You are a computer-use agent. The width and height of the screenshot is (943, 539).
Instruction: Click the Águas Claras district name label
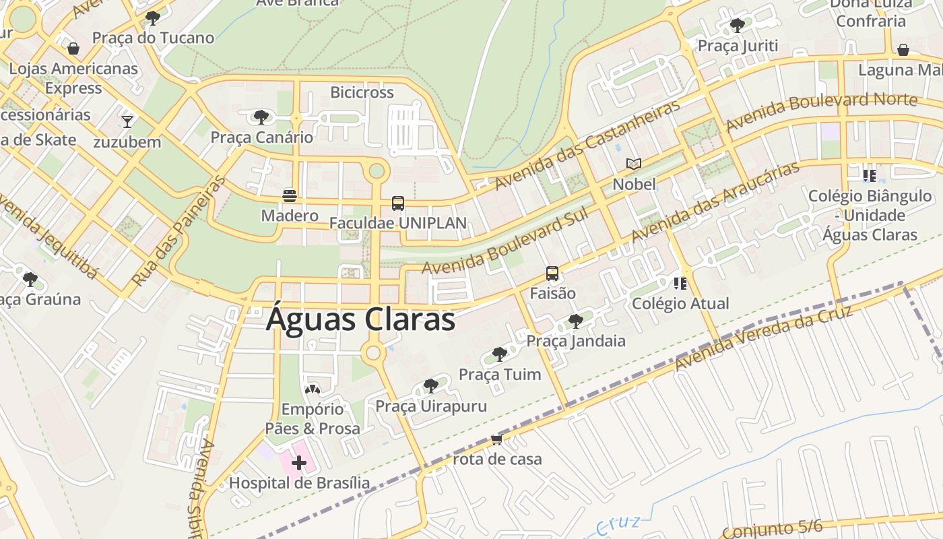click(x=360, y=319)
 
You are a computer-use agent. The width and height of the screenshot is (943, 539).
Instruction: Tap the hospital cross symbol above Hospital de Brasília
click(x=299, y=463)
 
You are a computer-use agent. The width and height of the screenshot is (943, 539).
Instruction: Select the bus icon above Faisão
click(x=552, y=274)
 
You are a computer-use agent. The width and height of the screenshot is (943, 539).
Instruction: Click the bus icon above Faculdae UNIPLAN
click(x=398, y=203)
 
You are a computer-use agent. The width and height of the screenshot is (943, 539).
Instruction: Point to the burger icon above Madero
click(x=290, y=196)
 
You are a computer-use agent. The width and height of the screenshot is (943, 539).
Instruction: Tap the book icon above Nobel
click(x=634, y=164)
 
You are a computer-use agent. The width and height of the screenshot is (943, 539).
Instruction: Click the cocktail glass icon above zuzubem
click(x=127, y=121)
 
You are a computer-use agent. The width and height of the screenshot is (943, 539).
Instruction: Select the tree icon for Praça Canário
click(x=261, y=117)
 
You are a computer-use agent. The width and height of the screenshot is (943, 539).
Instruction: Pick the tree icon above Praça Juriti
click(x=738, y=26)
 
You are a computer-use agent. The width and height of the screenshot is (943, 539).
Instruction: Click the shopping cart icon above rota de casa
click(x=497, y=439)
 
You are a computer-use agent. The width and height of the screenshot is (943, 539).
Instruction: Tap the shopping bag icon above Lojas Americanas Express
click(x=73, y=49)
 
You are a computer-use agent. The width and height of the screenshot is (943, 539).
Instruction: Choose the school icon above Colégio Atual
click(x=680, y=284)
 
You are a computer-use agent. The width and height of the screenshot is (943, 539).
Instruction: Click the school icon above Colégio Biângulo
click(x=870, y=176)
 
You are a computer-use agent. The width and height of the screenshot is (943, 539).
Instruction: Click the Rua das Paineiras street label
click(x=178, y=231)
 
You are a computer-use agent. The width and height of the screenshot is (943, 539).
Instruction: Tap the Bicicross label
click(x=362, y=92)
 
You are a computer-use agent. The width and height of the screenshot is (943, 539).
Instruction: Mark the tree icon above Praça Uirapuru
click(x=431, y=386)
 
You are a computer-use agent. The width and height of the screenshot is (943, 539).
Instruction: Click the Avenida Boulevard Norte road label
click(x=821, y=112)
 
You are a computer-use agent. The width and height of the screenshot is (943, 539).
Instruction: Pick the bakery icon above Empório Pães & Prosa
click(x=312, y=389)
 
